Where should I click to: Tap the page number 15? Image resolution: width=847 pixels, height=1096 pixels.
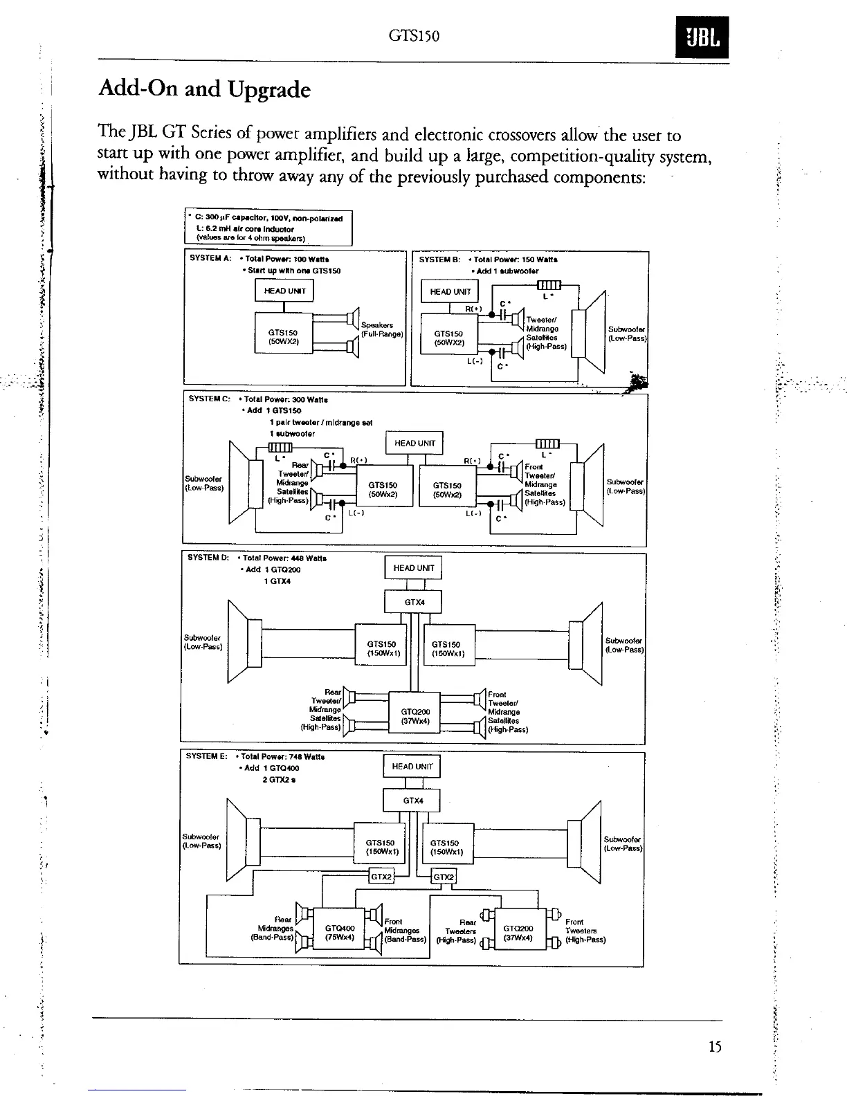(715, 1047)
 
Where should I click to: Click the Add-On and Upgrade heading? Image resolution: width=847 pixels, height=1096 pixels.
(205, 89)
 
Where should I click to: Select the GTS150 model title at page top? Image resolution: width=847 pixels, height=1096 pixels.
(415, 35)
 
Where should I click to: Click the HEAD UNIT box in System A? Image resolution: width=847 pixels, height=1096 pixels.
(284, 291)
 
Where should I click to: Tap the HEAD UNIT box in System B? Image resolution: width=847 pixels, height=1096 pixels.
(450, 291)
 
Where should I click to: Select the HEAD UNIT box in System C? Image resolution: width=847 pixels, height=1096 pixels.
(415, 443)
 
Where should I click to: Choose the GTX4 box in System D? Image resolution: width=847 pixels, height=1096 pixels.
(414, 602)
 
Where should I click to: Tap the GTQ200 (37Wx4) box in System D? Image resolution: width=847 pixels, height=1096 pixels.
(415, 716)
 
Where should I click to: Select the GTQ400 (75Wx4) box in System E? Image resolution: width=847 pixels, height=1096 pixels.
(339, 932)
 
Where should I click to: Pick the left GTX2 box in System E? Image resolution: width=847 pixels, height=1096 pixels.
(381, 877)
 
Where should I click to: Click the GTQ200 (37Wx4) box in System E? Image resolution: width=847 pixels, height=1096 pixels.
(518, 932)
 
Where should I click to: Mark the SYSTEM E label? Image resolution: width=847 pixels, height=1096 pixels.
(206, 756)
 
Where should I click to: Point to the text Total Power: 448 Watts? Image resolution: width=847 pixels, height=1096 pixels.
(284, 558)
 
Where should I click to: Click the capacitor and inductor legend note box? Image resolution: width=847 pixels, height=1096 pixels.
(268, 228)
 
